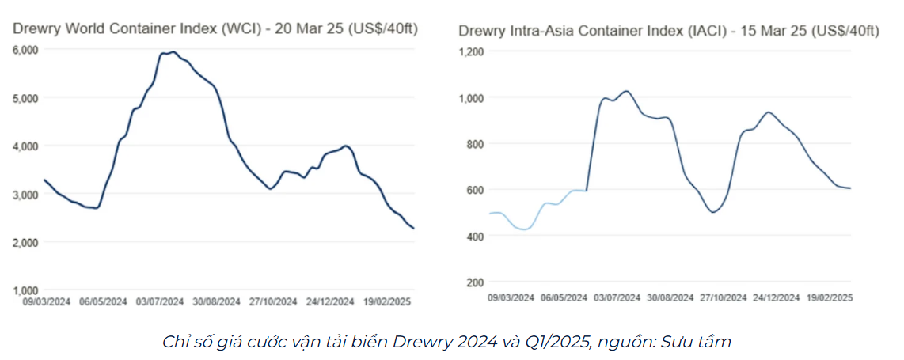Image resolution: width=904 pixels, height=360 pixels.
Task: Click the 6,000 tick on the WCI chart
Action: pos(27,50)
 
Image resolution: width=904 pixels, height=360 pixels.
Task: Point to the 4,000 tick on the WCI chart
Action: pos(27,146)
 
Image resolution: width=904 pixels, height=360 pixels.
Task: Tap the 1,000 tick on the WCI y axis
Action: pos(27,290)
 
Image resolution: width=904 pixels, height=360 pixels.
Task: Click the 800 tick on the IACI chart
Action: pos(474,144)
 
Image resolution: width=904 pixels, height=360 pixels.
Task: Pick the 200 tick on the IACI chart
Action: pos(474,282)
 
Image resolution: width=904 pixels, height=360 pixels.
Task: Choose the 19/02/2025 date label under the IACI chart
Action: pos(829,297)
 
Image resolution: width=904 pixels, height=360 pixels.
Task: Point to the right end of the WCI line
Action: pos(412,228)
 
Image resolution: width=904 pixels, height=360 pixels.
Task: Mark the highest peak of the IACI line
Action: pos(626,91)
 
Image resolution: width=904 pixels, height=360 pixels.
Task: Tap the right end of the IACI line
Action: pos(849,188)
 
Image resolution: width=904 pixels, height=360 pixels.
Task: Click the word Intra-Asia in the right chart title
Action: pos(541,31)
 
